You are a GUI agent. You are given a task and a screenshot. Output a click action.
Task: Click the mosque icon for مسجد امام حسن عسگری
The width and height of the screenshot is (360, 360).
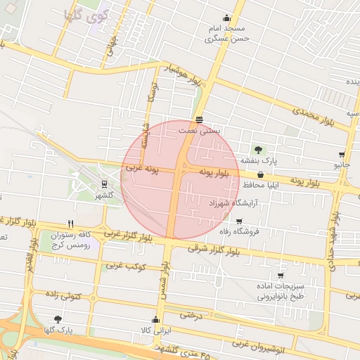(226, 19)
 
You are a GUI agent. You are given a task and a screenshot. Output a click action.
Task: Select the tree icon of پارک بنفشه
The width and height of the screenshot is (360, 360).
(259, 149)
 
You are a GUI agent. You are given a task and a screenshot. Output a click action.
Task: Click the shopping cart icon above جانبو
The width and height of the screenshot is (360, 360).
(342, 155)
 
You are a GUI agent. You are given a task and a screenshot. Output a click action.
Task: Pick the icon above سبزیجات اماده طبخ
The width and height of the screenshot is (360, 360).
(280, 276)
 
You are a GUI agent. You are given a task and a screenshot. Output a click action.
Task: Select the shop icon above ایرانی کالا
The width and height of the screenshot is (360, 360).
(155, 320)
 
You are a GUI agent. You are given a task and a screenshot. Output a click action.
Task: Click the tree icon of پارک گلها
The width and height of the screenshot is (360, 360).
(58, 319)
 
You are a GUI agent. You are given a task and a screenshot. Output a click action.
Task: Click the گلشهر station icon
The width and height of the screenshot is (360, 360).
(104, 184)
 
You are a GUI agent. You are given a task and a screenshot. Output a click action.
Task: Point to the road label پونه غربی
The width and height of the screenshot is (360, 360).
(143, 169)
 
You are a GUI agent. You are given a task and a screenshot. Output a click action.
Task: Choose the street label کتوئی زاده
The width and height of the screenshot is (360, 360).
(64, 297)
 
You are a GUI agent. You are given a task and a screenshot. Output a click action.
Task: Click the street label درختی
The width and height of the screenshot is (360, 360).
(191, 315)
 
